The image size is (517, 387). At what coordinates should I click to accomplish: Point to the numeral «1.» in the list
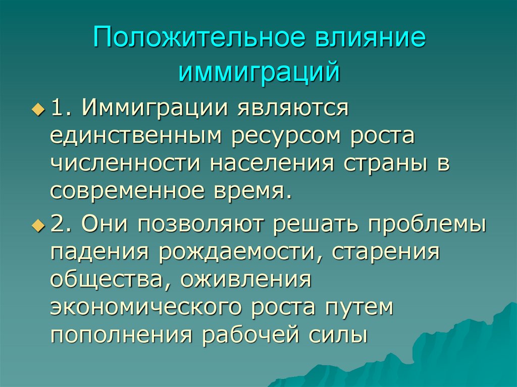(63, 109)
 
